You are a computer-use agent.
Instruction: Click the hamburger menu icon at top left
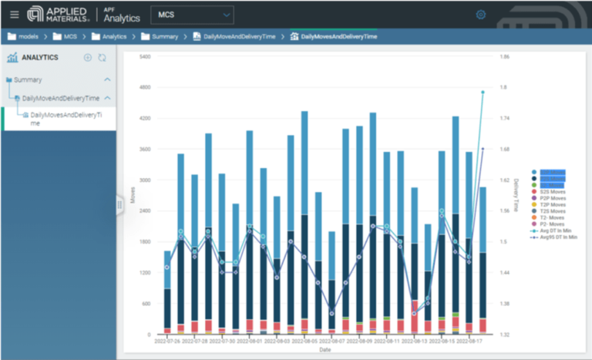(14, 14)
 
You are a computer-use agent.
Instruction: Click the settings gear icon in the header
(481, 14)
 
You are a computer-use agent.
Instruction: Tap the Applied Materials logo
(58, 14)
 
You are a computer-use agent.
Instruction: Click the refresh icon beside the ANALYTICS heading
(102, 57)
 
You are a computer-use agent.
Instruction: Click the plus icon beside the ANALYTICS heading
(88, 57)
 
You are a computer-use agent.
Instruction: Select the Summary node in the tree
(28, 79)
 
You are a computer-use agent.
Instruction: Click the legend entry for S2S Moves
(553, 190)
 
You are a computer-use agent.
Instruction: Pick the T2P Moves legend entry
(553, 204)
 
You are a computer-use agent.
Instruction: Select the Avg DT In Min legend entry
(555, 230)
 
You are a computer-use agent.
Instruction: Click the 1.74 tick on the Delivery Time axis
(504, 119)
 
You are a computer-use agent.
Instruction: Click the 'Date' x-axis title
(325, 349)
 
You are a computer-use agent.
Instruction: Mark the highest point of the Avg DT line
(483, 93)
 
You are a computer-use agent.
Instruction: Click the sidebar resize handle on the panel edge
(119, 204)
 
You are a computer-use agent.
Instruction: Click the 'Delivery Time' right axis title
(516, 196)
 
